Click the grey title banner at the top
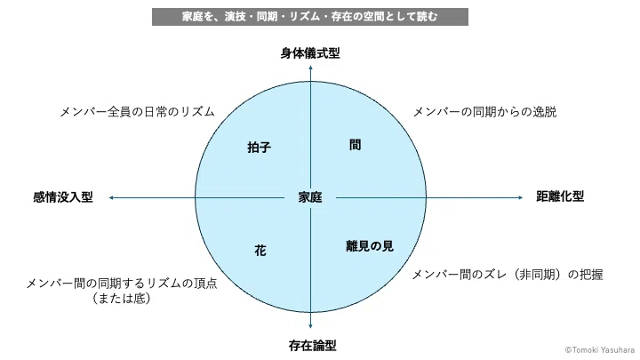[x=310, y=17]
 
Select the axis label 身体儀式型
[x=310, y=53]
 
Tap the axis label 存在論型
[x=313, y=346]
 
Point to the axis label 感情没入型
[x=63, y=197]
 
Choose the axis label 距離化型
[x=560, y=196]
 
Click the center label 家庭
[x=310, y=197]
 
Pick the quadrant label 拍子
[x=260, y=147]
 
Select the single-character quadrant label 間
[x=355, y=145]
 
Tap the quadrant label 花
[x=260, y=250]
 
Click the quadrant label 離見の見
[x=370, y=245]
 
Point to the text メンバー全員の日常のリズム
[x=137, y=112]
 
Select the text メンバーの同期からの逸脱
[x=485, y=112]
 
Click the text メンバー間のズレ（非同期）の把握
[x=508, y=275]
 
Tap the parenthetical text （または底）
[x=122, y=299]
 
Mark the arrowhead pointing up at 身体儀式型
[x=310, y=68]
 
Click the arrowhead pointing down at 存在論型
[x=310, y=326]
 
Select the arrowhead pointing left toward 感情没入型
[x=111, y=198]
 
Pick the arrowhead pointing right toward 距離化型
[x=520, y=198]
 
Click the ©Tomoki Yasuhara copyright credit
[x=600, y=350]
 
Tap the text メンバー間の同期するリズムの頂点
[x=122, y=284]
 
